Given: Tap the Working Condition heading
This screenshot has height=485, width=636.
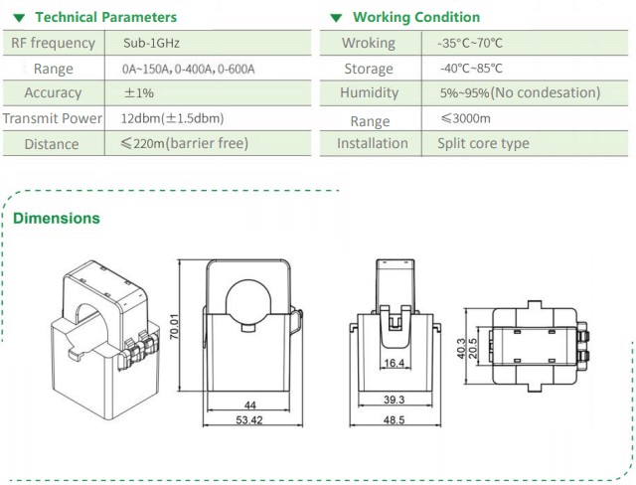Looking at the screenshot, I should pos(415,17).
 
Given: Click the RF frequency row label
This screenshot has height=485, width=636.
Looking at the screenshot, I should pos(54,44).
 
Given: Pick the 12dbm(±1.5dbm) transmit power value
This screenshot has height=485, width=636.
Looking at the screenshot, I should pos(171,118).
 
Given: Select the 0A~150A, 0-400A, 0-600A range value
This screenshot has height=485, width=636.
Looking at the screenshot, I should pos(188,69).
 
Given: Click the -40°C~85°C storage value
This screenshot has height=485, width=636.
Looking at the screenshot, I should pos(470,69).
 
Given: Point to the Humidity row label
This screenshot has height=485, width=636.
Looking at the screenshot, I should pos(369,93).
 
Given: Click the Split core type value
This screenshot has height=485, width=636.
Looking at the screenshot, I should pos(483,144).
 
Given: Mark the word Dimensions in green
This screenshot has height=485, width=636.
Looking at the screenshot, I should pos(57,218).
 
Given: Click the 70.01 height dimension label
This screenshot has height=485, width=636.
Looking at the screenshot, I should pos(175,329).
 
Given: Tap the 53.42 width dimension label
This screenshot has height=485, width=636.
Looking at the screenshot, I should pos(248,421).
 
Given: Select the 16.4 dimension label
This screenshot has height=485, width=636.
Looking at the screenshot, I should pos(395,364).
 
